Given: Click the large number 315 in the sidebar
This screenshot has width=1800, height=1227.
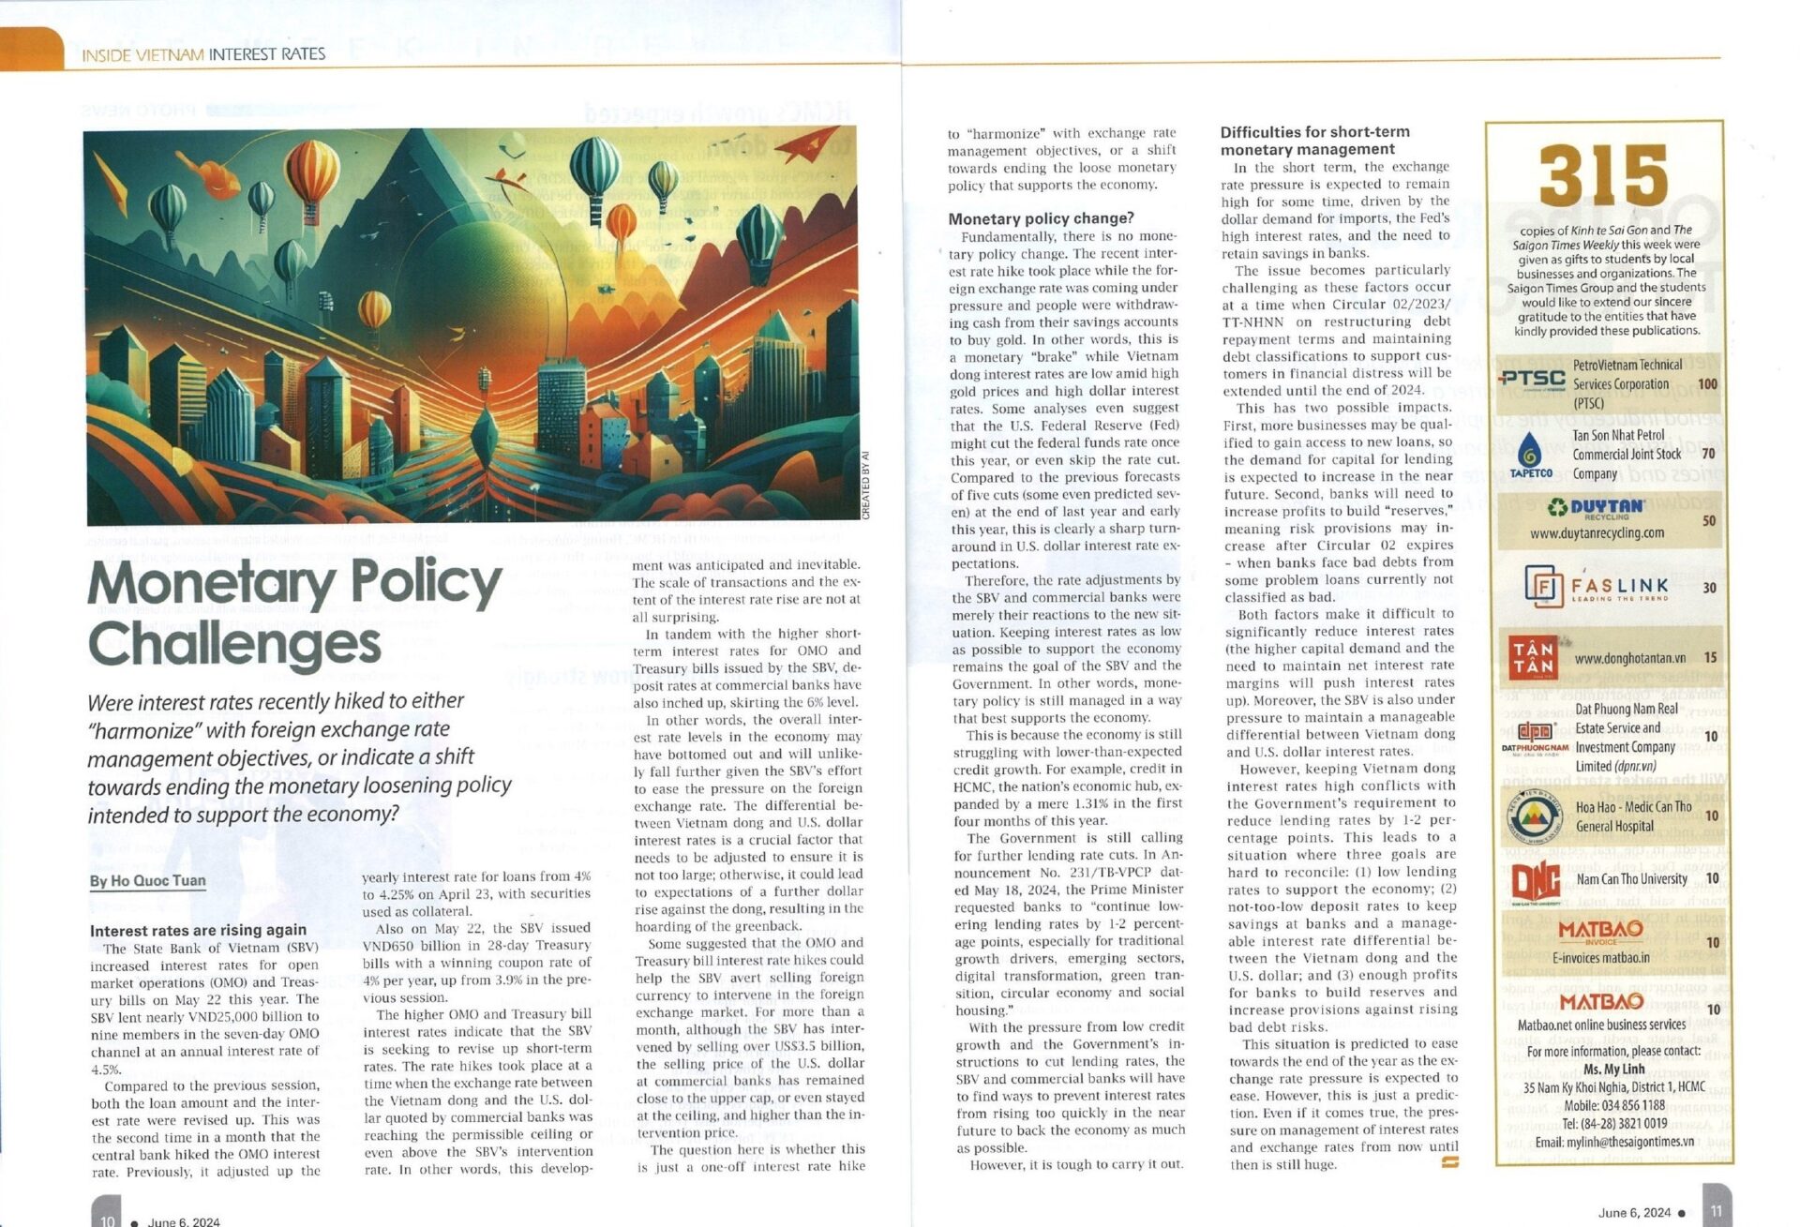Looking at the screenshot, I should tap(1603, 176).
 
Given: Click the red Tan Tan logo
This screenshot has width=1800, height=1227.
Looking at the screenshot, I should tap(1532, 657).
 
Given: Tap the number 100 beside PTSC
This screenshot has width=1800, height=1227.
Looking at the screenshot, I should tap(1707, 383).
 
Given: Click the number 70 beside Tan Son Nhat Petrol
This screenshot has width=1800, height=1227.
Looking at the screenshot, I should tap(1708, 454).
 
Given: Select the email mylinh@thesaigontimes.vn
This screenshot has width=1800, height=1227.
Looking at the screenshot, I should tap(1614, 1142).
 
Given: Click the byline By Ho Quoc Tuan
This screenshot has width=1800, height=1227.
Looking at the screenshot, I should tap(147, 880).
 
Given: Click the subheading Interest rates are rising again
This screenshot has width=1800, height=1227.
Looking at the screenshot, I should tap(198, 930).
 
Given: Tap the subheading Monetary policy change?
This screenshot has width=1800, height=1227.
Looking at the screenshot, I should tap(1041, 218).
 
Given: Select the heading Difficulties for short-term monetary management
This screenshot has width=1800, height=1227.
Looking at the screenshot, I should tap(1314, 141).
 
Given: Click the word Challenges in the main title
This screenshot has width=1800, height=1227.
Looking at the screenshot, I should tap(234, 644).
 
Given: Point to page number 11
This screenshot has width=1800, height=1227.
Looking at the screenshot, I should tap(1716, 1210).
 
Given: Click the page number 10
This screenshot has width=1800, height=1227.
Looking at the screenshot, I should tap(107, 1220).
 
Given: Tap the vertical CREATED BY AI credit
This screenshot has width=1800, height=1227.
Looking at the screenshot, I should tap(865, 485).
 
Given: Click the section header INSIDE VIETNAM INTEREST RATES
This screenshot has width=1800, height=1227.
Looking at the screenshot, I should tap(203, 54).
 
